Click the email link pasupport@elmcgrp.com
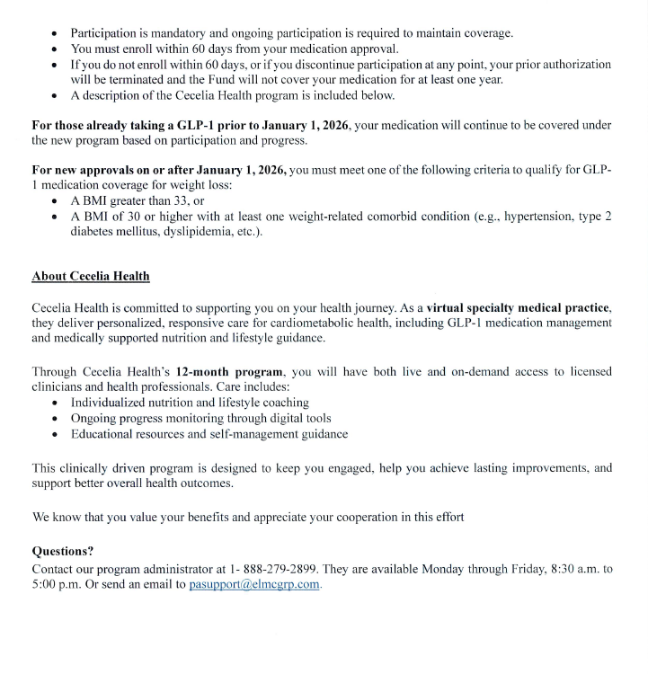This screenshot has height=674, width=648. coord(254,584)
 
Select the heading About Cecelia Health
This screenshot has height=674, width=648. coord(91,276)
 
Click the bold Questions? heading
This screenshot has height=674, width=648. coord(63,551)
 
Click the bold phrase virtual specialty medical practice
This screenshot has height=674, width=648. coord(519,306)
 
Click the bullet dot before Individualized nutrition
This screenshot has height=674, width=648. coord(57,404)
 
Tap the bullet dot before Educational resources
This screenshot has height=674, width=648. coord(57,434)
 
